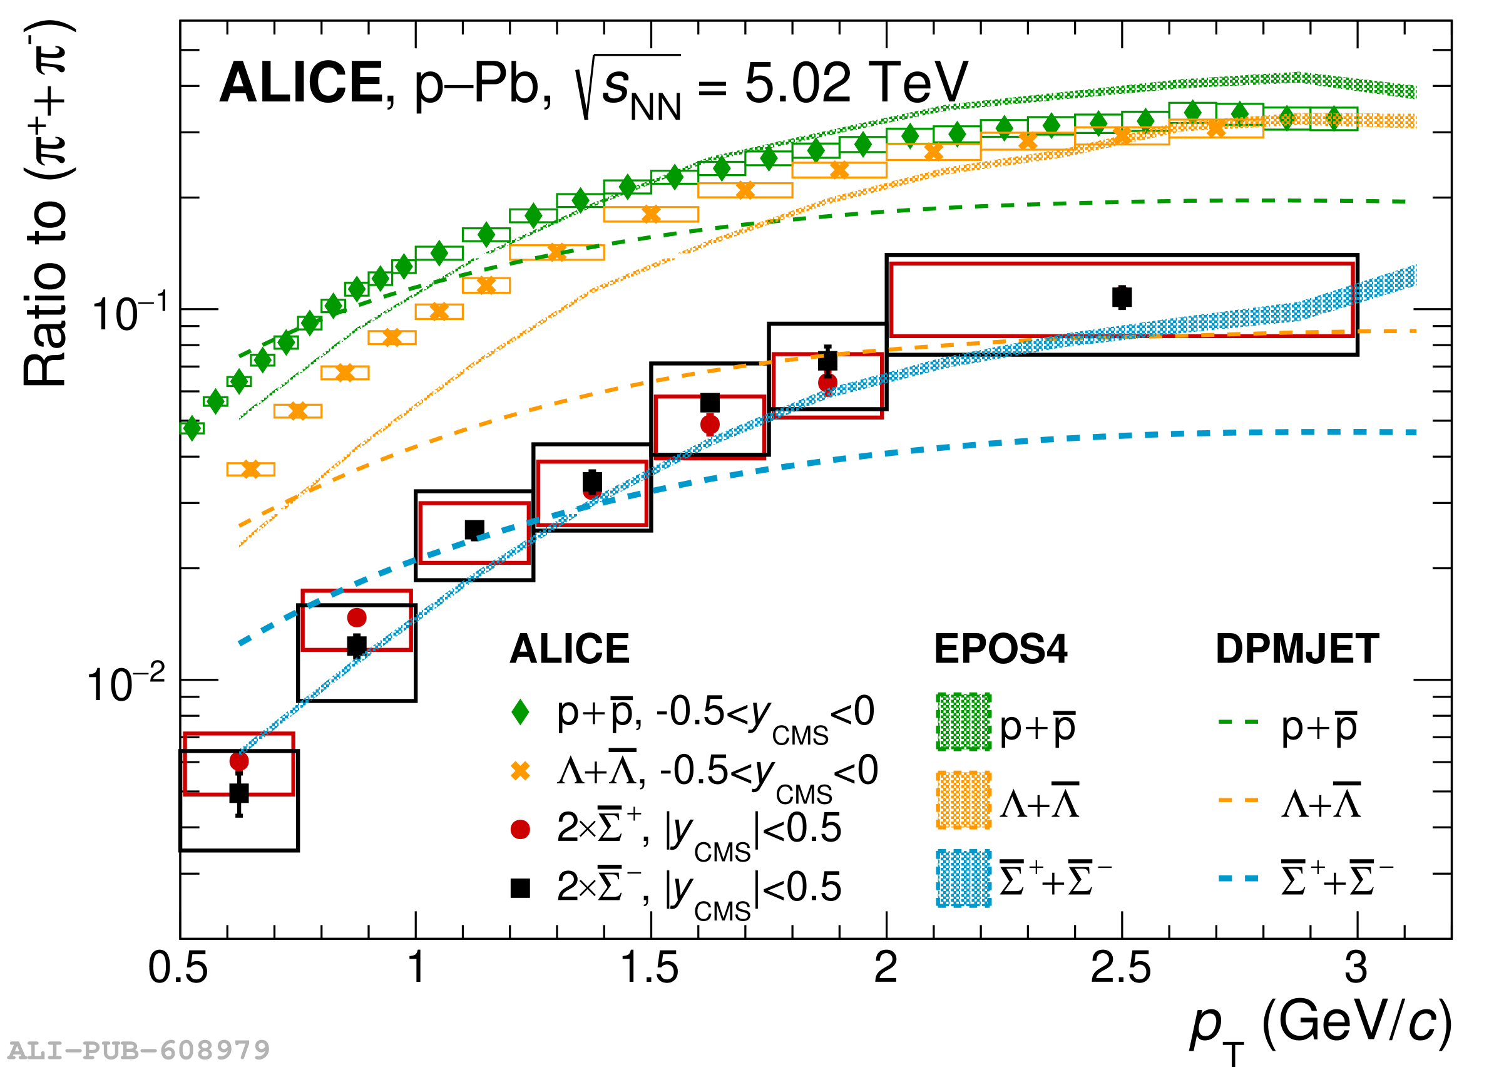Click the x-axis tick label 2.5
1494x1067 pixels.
1121,968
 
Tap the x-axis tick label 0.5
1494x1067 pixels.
177,968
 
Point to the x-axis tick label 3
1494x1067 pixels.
1356,968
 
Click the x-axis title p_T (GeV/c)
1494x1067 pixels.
1320,1025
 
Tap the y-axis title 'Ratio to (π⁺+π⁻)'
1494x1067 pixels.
48,204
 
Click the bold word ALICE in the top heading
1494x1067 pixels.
301,83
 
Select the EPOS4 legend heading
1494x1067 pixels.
1000,649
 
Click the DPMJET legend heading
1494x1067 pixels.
1297,649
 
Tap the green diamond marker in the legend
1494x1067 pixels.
520,712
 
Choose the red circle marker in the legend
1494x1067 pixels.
520,830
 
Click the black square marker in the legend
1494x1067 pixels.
520,889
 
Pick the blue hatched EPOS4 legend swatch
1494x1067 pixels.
963,879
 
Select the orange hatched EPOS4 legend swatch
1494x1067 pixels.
963,800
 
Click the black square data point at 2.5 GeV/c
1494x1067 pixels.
1122,297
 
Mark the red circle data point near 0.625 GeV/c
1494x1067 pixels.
239,761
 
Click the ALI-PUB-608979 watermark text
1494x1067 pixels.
138,1050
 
